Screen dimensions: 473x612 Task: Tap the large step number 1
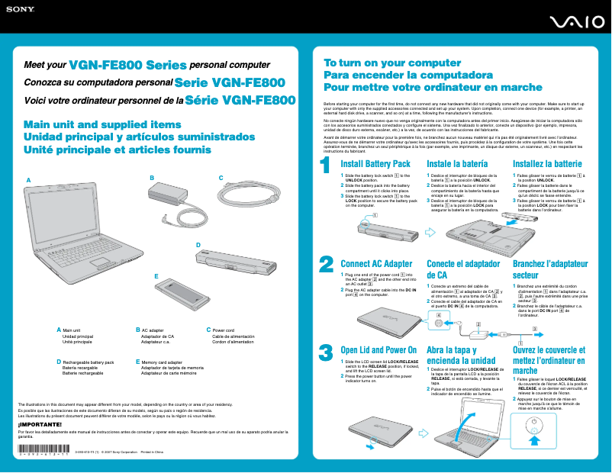(x=325, y=164)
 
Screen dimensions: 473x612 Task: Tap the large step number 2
(x=325, y=263)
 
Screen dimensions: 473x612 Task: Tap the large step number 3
(x=325, y=352)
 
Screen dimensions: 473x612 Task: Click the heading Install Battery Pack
(x=375, y=164)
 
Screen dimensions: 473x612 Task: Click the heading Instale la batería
(x=457, y=164)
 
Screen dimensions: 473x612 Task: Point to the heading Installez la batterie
(x=547, y=164)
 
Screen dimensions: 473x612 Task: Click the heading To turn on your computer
(x=392, y=63)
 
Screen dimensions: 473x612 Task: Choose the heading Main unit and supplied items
(x=102, y=124)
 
